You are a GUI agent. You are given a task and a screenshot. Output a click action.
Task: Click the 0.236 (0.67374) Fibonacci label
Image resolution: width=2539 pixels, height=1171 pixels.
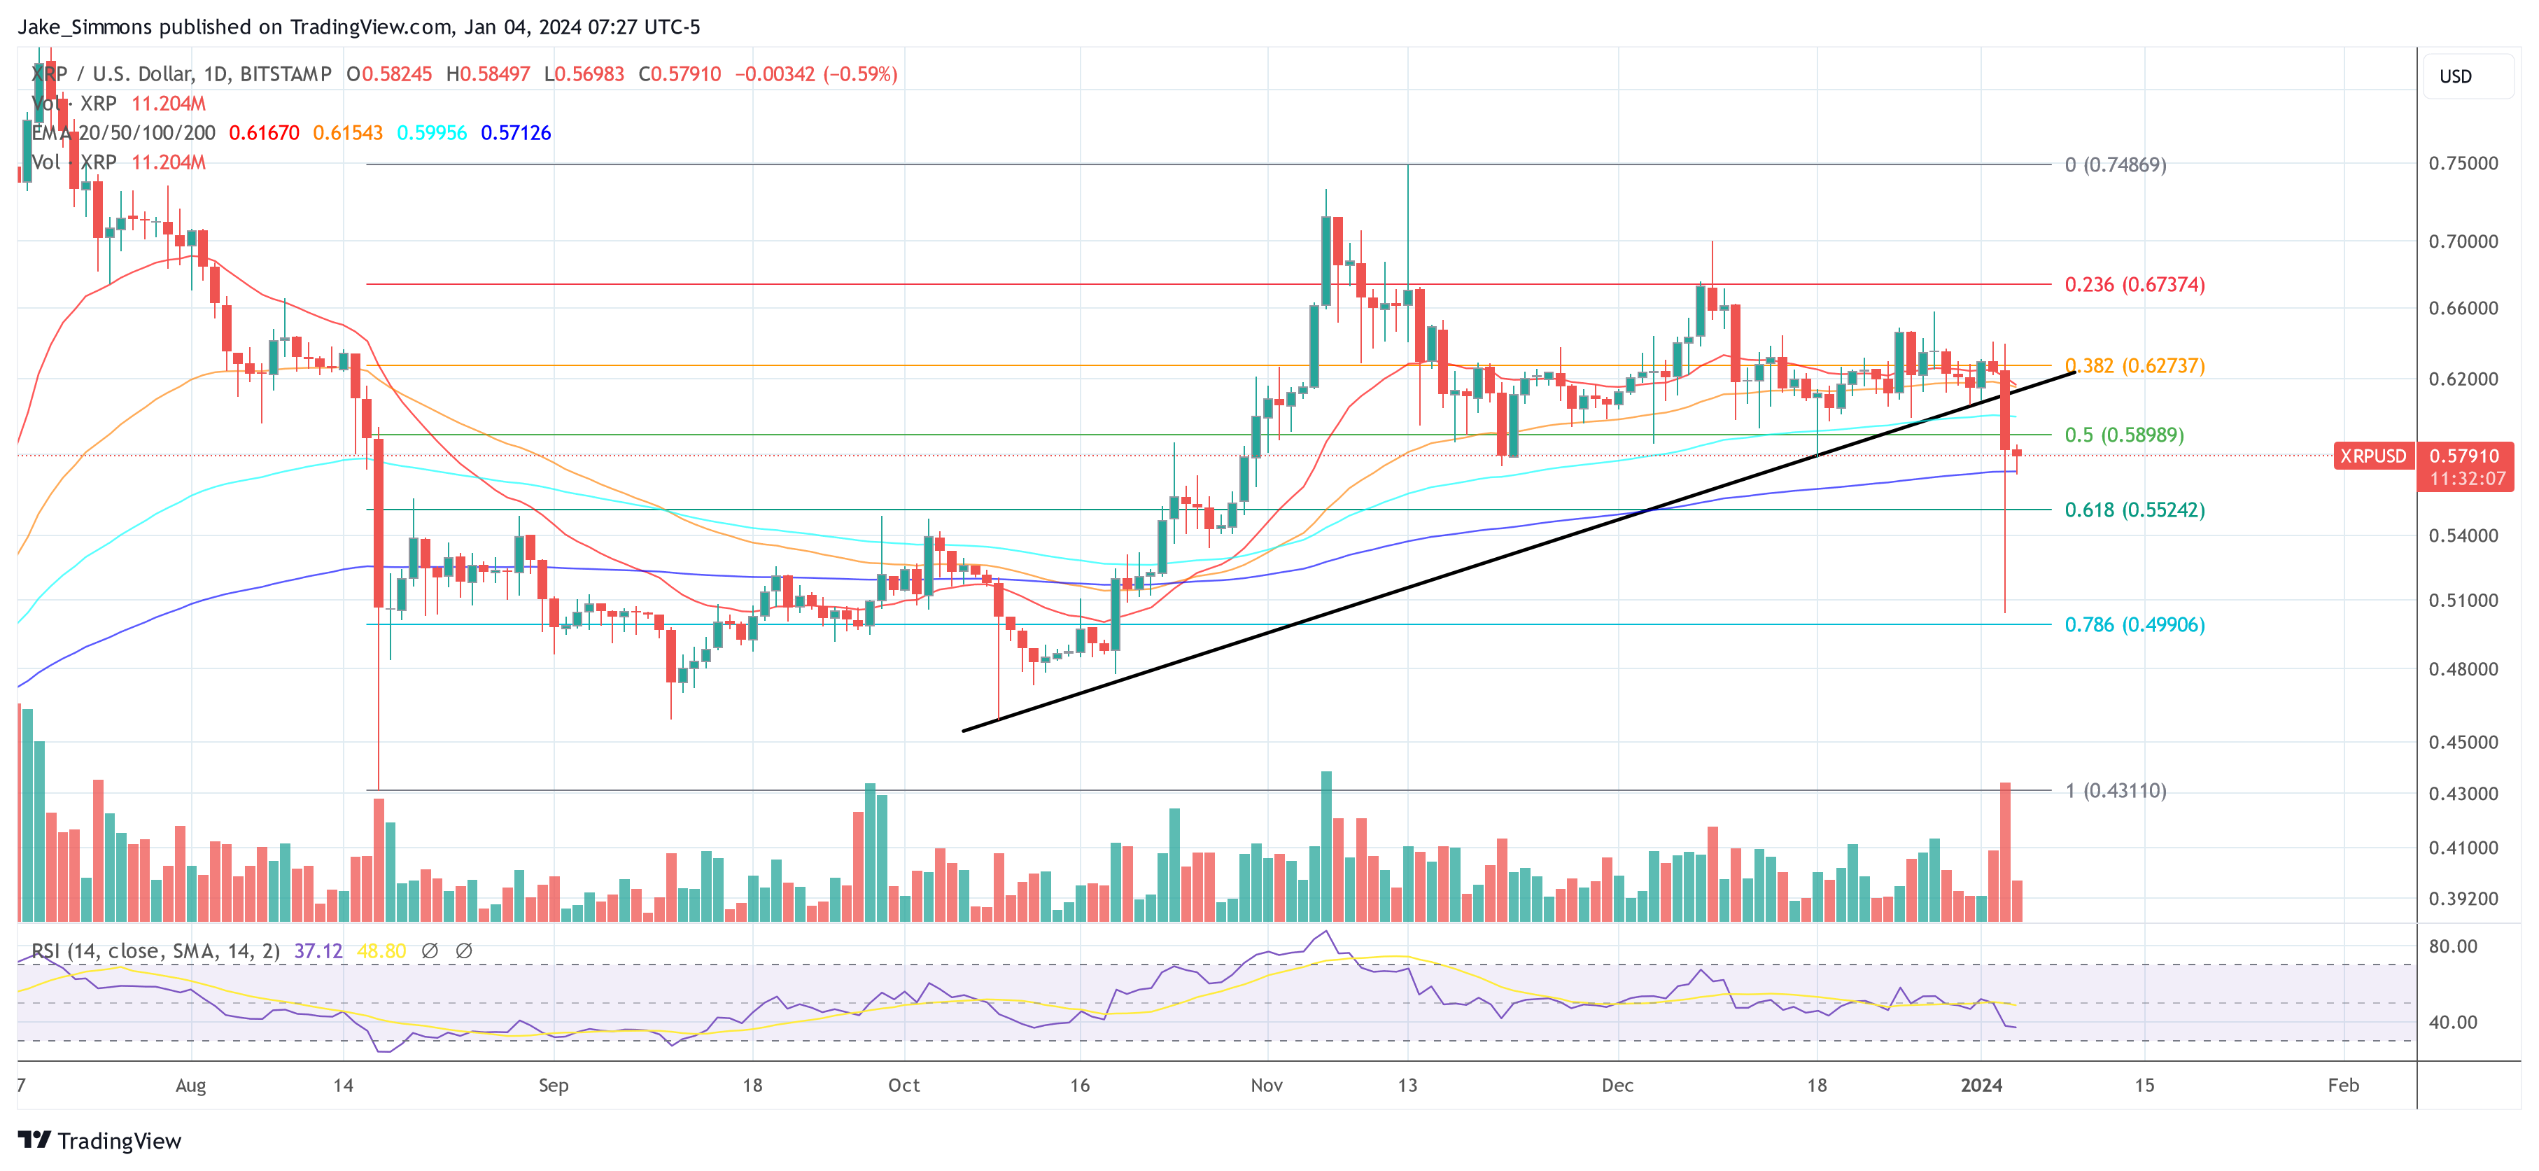[x=2134, y=285]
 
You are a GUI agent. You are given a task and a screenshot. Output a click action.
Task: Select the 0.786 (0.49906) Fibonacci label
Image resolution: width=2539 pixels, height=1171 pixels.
[x=2134, y=625]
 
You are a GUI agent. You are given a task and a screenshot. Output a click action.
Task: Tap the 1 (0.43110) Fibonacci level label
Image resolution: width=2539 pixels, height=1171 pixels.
[x=2115, y=790]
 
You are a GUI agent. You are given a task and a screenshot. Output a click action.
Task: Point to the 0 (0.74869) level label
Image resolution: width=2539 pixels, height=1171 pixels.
[x=2115, y=164]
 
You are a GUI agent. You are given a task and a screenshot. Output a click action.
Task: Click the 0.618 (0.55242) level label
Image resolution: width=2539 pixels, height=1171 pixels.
[x=2134, y=510]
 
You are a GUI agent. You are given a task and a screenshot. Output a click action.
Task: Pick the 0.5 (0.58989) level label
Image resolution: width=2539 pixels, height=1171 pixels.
[x=2124, y=435]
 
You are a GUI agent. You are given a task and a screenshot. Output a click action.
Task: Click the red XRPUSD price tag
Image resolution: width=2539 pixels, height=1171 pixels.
[x=2372, y=456]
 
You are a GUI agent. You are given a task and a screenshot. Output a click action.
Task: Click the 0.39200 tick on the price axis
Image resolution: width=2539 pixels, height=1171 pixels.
[x=2462, y=899]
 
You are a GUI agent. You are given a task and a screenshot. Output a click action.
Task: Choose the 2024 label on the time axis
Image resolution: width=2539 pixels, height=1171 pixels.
[x=1981, y=1085]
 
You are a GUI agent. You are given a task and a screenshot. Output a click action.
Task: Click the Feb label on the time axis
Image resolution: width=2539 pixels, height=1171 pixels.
[x=2343, y=1085]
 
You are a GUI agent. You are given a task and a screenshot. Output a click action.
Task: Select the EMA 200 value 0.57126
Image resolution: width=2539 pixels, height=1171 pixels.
[x=516, y=133]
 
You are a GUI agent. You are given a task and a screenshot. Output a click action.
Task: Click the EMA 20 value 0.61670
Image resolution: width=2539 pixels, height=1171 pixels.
[x=263, y=133]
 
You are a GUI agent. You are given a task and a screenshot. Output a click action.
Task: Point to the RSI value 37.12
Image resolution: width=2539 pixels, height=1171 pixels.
[x=318, y=951]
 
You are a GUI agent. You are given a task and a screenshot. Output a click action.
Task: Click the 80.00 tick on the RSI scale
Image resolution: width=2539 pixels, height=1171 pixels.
[x=2452, y=946]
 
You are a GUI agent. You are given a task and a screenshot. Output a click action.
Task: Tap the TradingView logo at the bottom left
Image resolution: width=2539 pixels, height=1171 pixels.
[x=99, y=1140]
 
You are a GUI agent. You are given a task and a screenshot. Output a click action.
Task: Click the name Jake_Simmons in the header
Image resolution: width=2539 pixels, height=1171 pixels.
[x=85, y=27]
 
